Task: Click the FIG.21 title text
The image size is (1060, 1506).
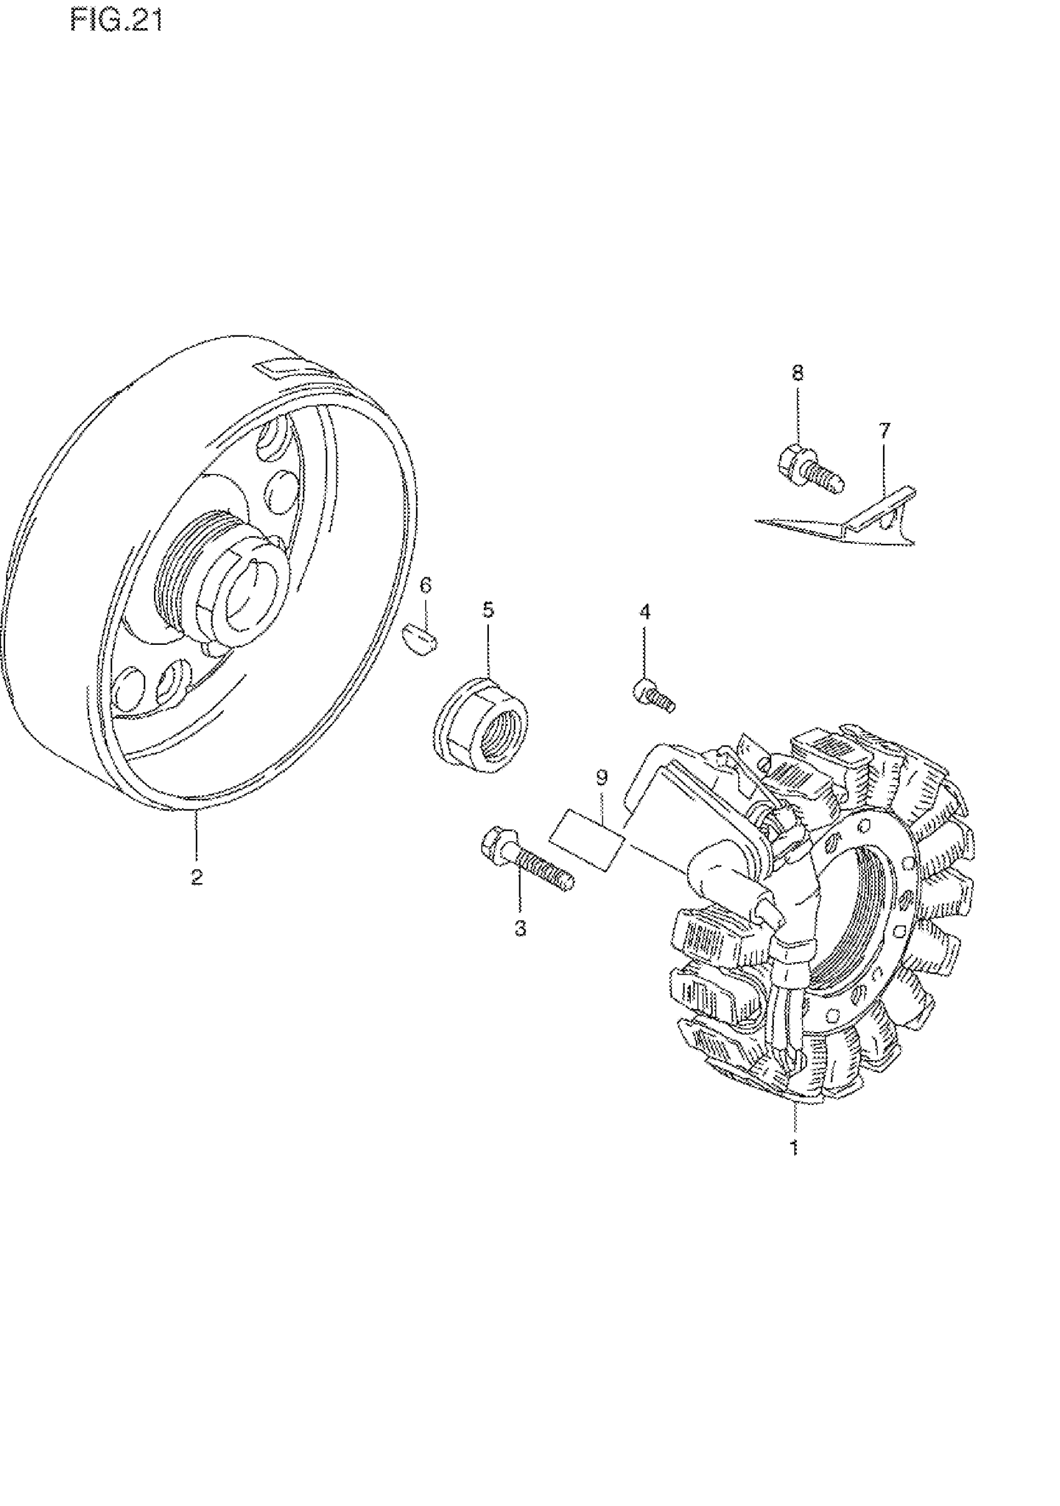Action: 116,21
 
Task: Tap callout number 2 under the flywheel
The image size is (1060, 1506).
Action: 197,877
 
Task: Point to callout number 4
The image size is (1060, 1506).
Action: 645,612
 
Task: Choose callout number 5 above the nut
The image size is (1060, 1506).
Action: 488,610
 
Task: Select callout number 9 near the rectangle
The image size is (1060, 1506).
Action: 602,777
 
